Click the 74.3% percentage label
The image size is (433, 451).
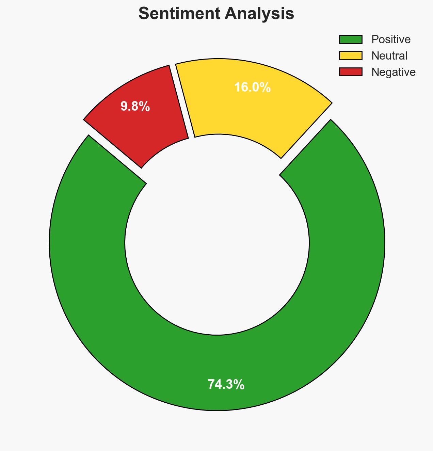click(x=226, y=385)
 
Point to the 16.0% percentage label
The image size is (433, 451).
click(x=252, y=87)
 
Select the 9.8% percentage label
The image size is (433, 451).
click(x=135, y=107)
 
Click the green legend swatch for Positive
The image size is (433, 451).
click(x=351, y=39)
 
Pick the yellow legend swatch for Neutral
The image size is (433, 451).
click(x=351, y=55)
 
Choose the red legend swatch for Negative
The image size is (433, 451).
click(x=351, y=72)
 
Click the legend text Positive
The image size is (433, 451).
click(x=391, y=39)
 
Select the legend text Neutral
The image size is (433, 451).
click(x=389, y=55)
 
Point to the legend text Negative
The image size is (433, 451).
click(x=393, y=72)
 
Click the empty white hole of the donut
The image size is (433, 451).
click(x=217, y=243)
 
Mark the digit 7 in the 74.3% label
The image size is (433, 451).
click(x=211, y=385)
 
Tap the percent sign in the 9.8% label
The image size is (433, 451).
click(x=145, y=107)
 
